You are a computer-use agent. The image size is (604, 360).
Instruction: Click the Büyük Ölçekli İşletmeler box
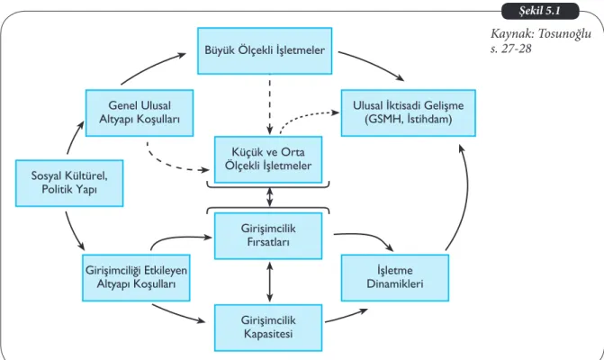265,50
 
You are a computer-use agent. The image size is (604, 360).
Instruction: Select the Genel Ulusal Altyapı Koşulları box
140,112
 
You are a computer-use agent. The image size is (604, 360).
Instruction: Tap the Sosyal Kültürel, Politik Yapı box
69,184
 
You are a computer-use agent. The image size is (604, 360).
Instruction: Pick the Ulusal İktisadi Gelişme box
409,112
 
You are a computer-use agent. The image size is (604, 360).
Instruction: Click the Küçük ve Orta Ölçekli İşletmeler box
268,159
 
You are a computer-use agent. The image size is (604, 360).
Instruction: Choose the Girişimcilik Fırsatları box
268,236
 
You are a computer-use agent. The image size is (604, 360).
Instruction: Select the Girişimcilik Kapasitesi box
268,328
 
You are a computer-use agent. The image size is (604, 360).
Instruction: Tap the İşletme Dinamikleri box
395,277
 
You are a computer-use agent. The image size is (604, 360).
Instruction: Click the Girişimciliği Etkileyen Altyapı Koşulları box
136,277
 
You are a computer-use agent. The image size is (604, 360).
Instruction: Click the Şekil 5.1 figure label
540,11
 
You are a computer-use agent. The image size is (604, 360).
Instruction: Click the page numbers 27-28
516,49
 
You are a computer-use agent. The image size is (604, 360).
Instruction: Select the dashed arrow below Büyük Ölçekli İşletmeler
270,107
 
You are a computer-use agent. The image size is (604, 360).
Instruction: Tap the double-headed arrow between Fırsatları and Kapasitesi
270,282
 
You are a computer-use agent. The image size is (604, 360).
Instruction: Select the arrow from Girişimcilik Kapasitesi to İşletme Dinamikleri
347,315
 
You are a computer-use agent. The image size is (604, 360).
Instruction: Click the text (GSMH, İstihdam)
409,119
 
